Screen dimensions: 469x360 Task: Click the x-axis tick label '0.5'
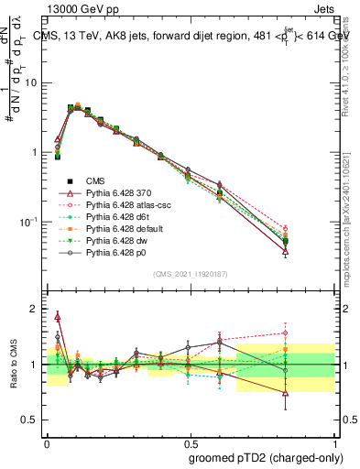click(190, 441)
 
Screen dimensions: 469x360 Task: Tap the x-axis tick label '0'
click(46, 441)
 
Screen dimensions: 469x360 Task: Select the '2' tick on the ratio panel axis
click(36, 309)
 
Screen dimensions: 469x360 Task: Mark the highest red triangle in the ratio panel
click(59, 316)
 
